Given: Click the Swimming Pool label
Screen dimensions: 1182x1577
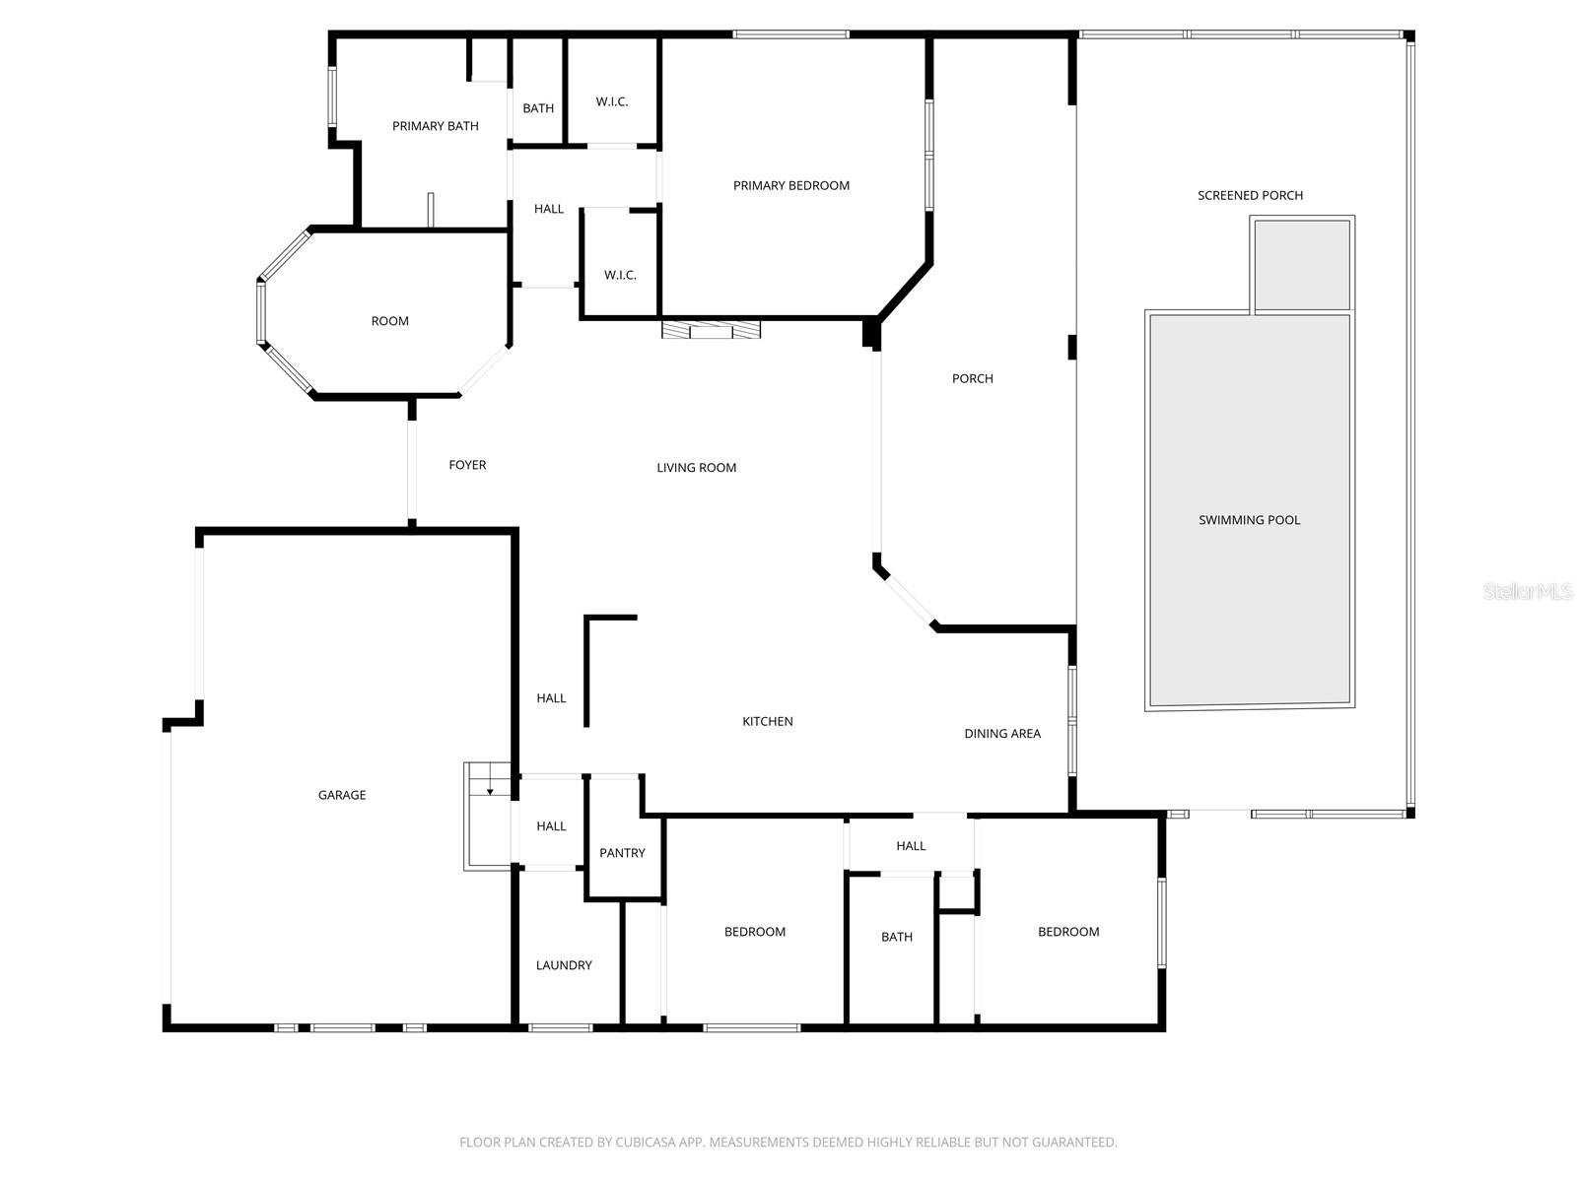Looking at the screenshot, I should coord(1249,520).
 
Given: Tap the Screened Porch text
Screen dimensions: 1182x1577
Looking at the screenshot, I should coord(1250,195).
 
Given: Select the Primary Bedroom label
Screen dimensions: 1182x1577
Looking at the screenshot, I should coord(790,185).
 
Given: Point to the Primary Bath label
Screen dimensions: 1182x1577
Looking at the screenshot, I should coord(435,126).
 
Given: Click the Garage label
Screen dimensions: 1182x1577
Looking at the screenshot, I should coord(342,795).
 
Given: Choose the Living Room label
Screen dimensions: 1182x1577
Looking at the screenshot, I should coord(696,468).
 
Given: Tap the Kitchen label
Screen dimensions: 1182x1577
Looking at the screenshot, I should coord(767,722).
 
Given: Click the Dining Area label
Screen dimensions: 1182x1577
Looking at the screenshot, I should coord(1001,733).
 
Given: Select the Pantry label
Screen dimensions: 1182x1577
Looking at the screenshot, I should coord(622,853).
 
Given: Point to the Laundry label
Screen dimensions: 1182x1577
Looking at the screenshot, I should coord(564,965).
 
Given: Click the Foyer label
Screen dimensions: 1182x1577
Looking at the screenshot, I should coord(467,465).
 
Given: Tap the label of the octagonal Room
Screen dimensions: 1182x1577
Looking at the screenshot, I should coord(389,321).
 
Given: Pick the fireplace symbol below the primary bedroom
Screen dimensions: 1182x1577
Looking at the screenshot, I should coord(711,330).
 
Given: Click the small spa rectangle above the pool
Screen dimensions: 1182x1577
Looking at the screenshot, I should coord(1302,264).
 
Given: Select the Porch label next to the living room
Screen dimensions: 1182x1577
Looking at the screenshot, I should coord(972,378).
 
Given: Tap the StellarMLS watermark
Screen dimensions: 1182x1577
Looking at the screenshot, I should coord(1528,591).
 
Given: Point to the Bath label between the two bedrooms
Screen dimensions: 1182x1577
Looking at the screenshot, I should coord(896,937).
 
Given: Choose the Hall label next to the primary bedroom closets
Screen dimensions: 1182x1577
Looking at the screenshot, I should coord(549,209).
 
